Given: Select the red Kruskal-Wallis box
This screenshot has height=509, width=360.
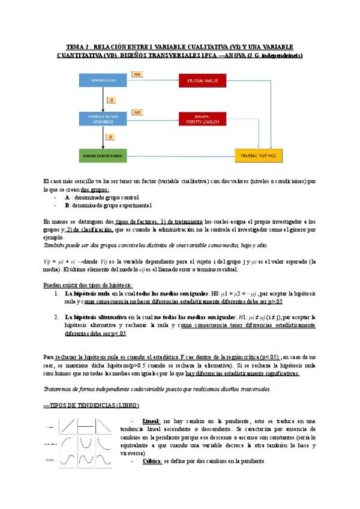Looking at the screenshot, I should pos(203,80).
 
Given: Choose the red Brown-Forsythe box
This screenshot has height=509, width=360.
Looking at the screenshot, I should pos(203,119).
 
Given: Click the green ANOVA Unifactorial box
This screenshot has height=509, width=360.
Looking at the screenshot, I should pos(103,156).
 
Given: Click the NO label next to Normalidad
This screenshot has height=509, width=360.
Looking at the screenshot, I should pos(137,74).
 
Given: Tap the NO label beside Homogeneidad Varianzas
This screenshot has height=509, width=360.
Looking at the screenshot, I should pos(137,112).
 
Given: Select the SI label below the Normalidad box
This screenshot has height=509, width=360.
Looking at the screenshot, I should pos(110,99).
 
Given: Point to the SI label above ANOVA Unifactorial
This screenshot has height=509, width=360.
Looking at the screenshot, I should pos(110,137).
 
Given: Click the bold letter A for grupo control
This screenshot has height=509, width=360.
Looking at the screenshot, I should pos(67,197).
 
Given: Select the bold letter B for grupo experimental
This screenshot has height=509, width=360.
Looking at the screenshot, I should pos(67,205).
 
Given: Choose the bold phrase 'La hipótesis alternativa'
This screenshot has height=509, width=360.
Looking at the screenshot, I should pos(95,316).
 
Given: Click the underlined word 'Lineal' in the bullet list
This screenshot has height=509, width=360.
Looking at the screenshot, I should pos(151,422).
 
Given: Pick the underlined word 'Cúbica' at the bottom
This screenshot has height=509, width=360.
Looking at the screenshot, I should pos(152,461).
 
